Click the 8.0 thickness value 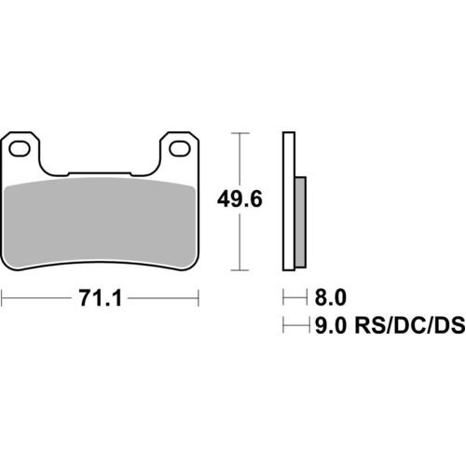330,298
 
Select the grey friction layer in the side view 299,220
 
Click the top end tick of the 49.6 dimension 242,133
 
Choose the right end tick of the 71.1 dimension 199,298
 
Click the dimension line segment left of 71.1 37,298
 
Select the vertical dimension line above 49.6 242,158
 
